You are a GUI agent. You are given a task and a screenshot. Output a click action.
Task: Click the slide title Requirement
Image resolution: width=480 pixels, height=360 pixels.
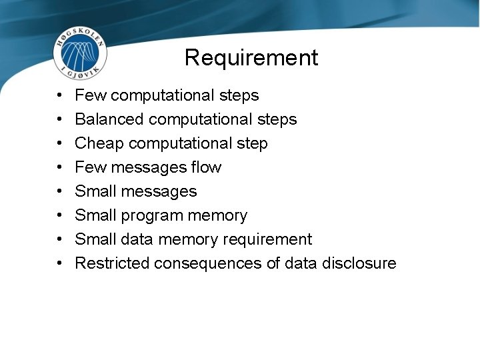point(251,58)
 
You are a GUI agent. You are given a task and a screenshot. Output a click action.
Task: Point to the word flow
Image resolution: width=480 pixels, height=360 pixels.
point(206,167)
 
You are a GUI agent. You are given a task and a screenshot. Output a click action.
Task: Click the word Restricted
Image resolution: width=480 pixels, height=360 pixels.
point(112,263)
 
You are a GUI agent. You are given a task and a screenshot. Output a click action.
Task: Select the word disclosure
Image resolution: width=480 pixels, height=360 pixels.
point(359,263)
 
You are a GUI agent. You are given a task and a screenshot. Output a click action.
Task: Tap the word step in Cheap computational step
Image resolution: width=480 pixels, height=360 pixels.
point(253,144)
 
